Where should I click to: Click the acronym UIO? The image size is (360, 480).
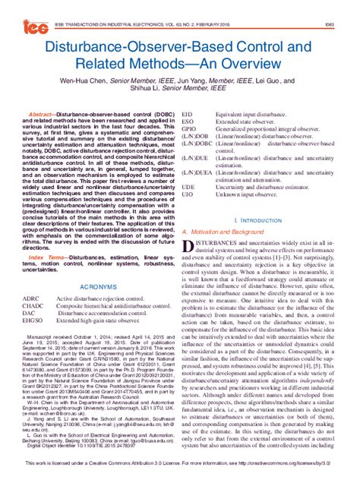(189, 194)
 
